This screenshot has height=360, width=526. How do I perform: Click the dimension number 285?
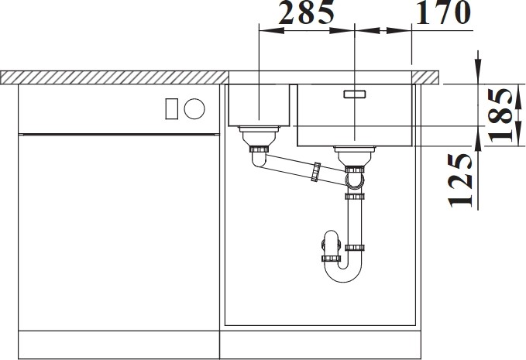tap(307, 12)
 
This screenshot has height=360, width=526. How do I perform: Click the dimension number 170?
tap(443, 12)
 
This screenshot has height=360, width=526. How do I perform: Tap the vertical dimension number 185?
tap(500, 115)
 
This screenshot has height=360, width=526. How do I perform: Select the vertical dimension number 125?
tap(459, 180)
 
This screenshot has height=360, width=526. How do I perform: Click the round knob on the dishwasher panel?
tap(194, 108)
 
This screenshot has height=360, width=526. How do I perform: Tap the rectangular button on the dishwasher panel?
tap(171, 108)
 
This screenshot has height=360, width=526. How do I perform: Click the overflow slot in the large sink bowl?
tap(355, 94)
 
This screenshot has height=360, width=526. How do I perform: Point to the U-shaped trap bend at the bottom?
tap(343, 276)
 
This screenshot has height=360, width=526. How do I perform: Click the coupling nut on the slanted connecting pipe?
tap(315, 172)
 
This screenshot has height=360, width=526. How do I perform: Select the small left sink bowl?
tap(259, 105)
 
